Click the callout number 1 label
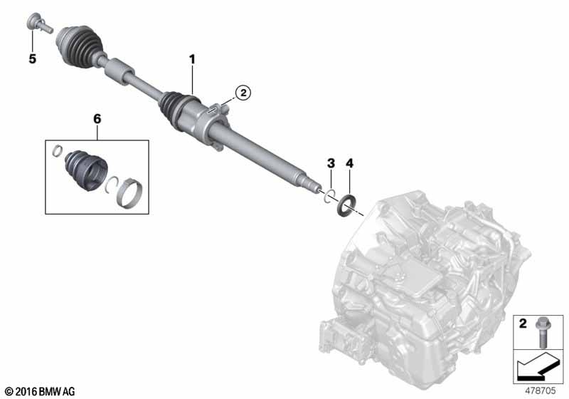coord(192,59)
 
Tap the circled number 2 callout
coord(243,93)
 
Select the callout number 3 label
coord(331,163)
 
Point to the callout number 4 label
coord(349,163)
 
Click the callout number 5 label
coord(33,58)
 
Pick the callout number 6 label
coord(97,119)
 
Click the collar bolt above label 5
coord(39,23)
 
